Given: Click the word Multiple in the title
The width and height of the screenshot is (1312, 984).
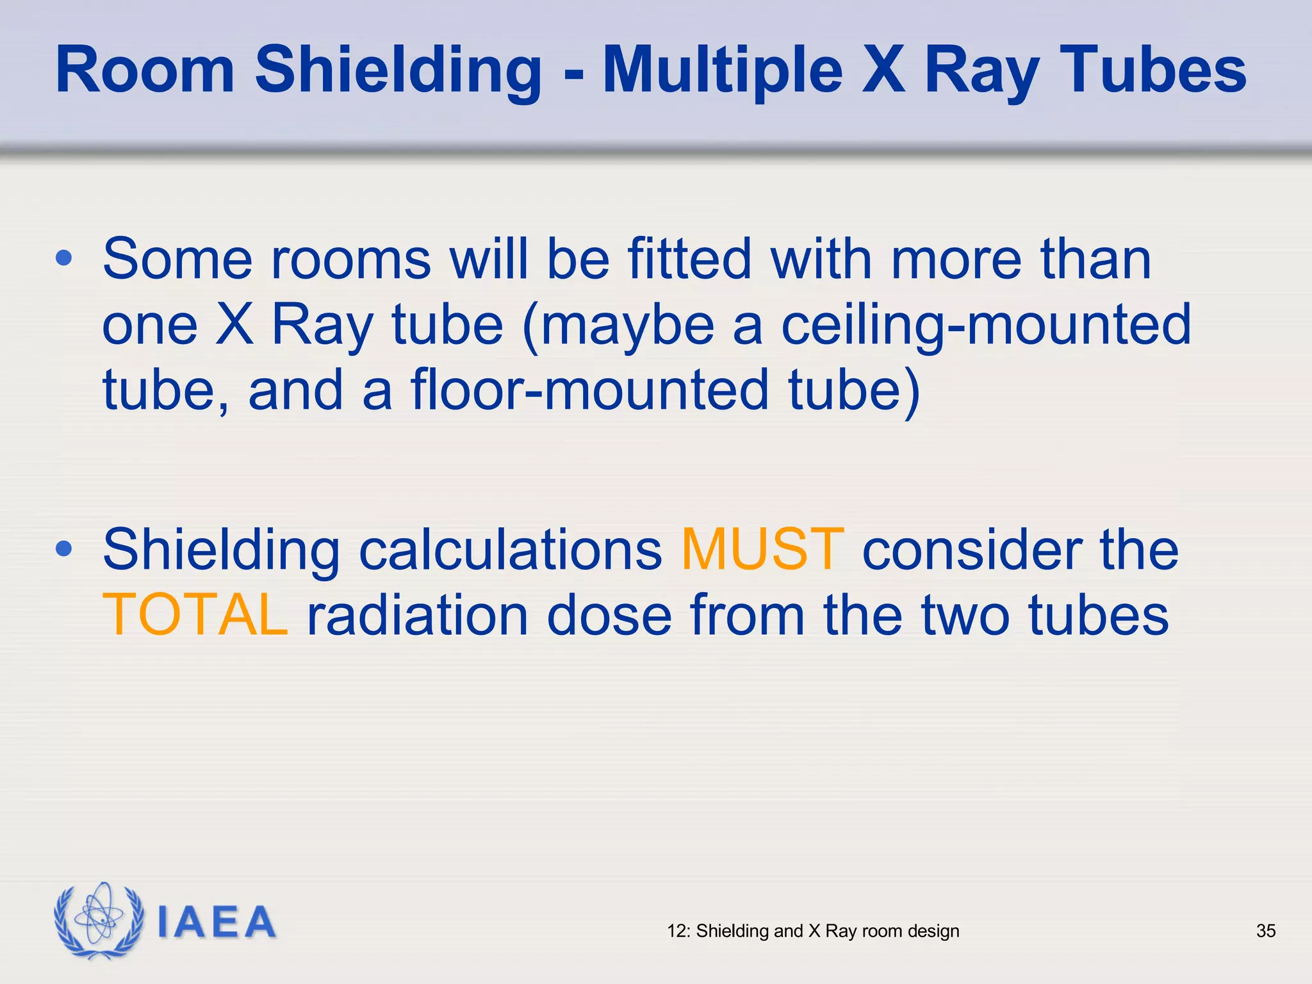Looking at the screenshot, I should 723,70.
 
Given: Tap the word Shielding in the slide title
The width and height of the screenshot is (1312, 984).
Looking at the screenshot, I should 398,70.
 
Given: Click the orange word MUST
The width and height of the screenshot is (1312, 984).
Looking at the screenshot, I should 762,549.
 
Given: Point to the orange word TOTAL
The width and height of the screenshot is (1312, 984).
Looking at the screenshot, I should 195,615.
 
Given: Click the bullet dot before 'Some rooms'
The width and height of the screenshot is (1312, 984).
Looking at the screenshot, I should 64,258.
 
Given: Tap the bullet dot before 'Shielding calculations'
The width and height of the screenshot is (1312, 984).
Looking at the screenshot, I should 64,548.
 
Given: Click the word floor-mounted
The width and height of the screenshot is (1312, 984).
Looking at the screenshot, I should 589,389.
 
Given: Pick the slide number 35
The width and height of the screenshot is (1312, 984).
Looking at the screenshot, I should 1266,931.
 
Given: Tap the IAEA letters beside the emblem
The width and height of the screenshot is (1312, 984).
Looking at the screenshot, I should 217,922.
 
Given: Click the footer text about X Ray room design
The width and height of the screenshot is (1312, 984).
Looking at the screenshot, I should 813,931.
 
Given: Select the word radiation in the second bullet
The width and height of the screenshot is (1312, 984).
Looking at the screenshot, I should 418,615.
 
